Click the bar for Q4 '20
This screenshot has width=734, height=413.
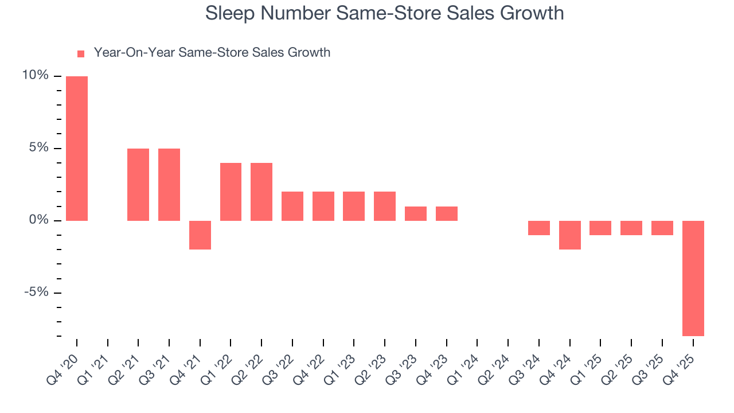(x=77, y=149)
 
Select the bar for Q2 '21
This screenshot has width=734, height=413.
(x=138, y=185)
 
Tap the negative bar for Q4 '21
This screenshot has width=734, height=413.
(x=200, y=235)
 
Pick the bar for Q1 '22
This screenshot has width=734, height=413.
(x=231, y=192)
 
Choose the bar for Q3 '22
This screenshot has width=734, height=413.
(x=292, y=206)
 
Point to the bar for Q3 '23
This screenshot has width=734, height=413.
(x=416, y=213)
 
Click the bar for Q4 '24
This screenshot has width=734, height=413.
(x=570, y=235)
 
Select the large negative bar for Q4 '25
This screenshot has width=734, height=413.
(x=693, y=278)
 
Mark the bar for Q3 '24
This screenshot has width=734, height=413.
(x=539, y=228)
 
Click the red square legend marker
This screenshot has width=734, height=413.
(x=81, y=53)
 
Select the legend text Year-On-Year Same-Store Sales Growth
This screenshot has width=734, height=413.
(x=212, y=53)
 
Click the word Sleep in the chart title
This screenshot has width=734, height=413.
(x=229, y=13)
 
